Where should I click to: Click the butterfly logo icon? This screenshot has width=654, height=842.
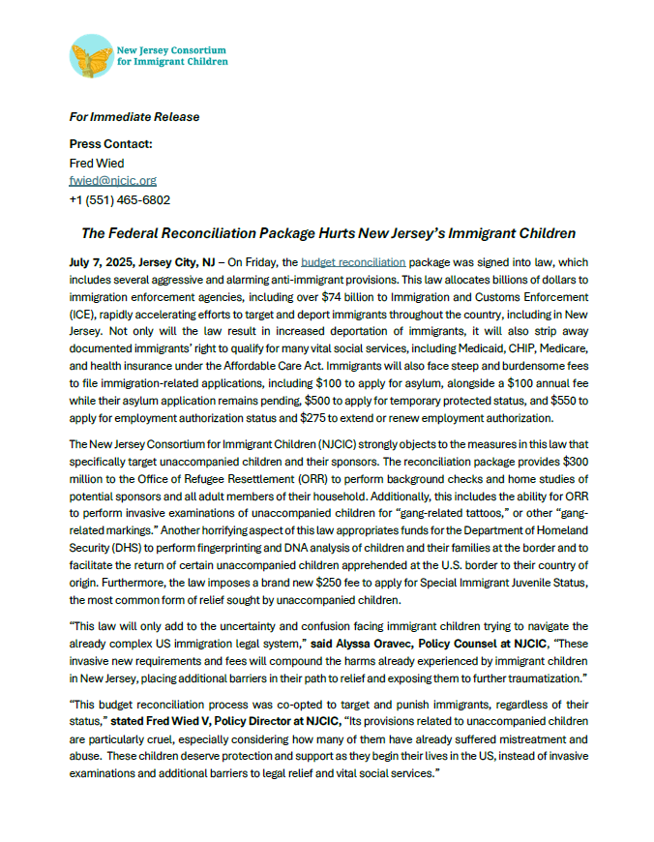(91, 56)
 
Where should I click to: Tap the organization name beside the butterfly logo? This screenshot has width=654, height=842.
(172, 54)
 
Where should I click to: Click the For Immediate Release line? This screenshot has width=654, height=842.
(134, 117)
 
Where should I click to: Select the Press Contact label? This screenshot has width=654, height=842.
(110, 144)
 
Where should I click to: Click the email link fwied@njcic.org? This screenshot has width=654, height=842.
(112, 181)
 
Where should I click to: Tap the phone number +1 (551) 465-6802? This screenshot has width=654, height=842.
(120, 199)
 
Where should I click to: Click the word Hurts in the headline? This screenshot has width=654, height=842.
(341, 233)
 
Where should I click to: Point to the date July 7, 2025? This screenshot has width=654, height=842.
(101, 261)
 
